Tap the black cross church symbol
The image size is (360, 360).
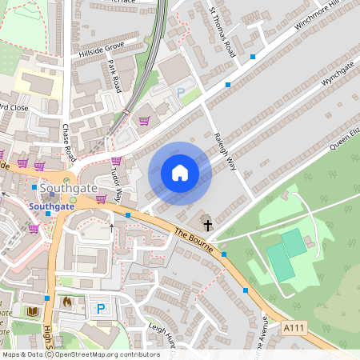206,225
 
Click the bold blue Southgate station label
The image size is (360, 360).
52,206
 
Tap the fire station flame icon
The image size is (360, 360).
67,302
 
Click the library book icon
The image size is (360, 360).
33,310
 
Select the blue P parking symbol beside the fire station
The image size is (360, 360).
101,308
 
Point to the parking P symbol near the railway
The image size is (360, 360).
181,93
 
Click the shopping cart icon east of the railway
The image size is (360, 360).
145,122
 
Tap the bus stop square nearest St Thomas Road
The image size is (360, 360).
253,57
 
